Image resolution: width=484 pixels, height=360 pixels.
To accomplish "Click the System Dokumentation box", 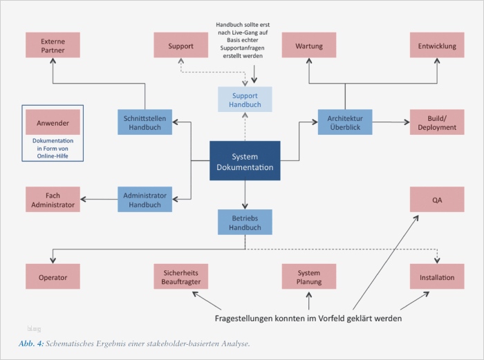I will pos(245,161).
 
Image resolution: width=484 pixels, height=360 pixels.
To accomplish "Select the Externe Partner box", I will pos(53,46).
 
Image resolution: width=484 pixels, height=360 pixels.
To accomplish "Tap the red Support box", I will pos(180,46).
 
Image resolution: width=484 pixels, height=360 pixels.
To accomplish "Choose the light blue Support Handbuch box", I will pos(245,100).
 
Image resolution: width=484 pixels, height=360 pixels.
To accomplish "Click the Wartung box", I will pos(309,46).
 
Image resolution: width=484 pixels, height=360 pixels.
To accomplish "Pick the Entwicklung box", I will pos(437,46).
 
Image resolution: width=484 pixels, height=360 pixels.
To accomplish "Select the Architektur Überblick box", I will pos(345,122).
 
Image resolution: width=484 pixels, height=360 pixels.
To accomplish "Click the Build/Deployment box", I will pos(437,122).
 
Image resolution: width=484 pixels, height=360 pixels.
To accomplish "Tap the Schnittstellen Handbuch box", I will pos(145,122).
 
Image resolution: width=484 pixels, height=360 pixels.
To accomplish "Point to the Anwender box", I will pos(53,123).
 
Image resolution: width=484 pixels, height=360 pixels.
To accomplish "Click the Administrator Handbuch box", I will pos(145,200).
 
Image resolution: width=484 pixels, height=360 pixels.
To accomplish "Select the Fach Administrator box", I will pos(53,200).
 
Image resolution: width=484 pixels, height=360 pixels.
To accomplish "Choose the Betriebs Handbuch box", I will pos(245,222).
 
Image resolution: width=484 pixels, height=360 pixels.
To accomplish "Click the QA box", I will pos(437,200).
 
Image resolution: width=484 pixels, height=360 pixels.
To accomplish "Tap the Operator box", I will pos(53,277).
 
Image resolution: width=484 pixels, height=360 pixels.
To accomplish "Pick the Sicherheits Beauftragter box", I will pos(180,277).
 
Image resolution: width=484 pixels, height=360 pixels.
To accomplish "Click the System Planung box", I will pos(309,277).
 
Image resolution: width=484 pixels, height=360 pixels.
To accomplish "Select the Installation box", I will pos(437,277).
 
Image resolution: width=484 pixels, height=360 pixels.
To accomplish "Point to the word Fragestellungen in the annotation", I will pos(245,319).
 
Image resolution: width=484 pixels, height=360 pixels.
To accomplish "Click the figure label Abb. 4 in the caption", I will pos(30,343).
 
